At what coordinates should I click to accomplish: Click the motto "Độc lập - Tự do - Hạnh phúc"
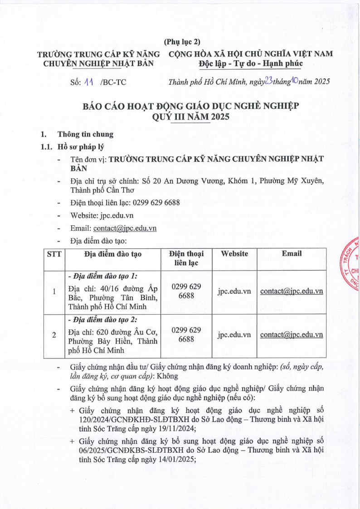point(250,63)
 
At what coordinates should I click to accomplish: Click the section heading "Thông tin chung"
point(85,134)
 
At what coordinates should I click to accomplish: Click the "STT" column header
point(54,254)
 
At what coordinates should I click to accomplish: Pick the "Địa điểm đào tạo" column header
point(113,254)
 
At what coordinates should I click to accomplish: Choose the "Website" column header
point(234,254)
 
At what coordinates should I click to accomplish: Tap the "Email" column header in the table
point(292,254)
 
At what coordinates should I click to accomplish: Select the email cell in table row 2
point(292,335)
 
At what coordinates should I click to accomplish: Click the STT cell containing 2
point(54,335)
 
